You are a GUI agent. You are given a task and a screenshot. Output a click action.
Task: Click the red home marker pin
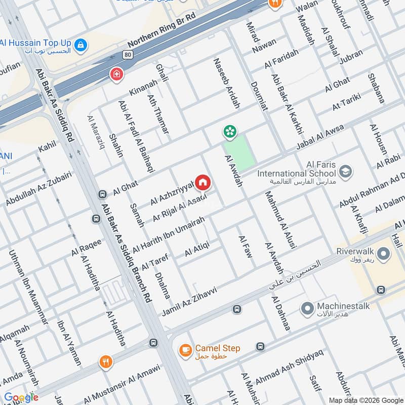tap(203, 182)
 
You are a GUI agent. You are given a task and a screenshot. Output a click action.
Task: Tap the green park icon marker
tap(230, 132)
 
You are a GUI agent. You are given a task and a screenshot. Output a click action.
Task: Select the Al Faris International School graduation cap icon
tap(346, 172)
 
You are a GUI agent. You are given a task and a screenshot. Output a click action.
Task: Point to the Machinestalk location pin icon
tap(306, 307)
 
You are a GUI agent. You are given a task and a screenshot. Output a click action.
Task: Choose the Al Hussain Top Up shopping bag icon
tap(80, 45)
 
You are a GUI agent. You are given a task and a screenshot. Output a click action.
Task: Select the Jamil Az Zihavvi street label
tap(189, 302)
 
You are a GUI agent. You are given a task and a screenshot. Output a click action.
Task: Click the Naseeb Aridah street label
tap(226, 84)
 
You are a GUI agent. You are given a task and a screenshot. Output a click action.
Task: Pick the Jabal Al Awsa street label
tap(319, 136)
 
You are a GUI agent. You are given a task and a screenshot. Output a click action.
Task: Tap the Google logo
tap(21, 397)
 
